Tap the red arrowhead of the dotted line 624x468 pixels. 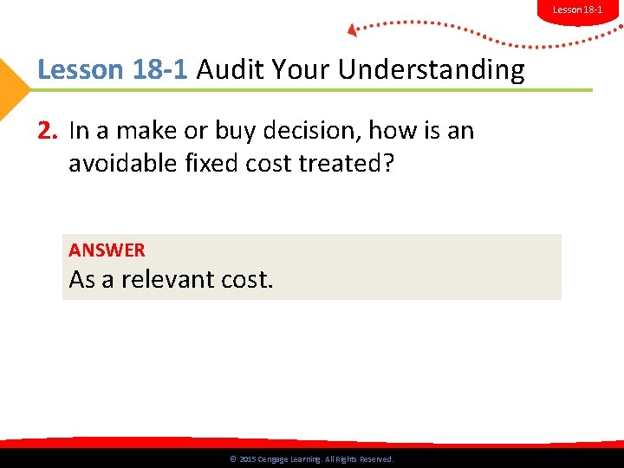click(x=353, y=30)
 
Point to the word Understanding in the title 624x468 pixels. click(x=431, y=69)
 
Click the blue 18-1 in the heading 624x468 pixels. click(x=160, y=69)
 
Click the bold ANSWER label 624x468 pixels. click(x=107, y=250)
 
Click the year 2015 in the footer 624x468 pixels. click(x=246, y=459)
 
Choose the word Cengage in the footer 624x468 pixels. click(x=275, y=459)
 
